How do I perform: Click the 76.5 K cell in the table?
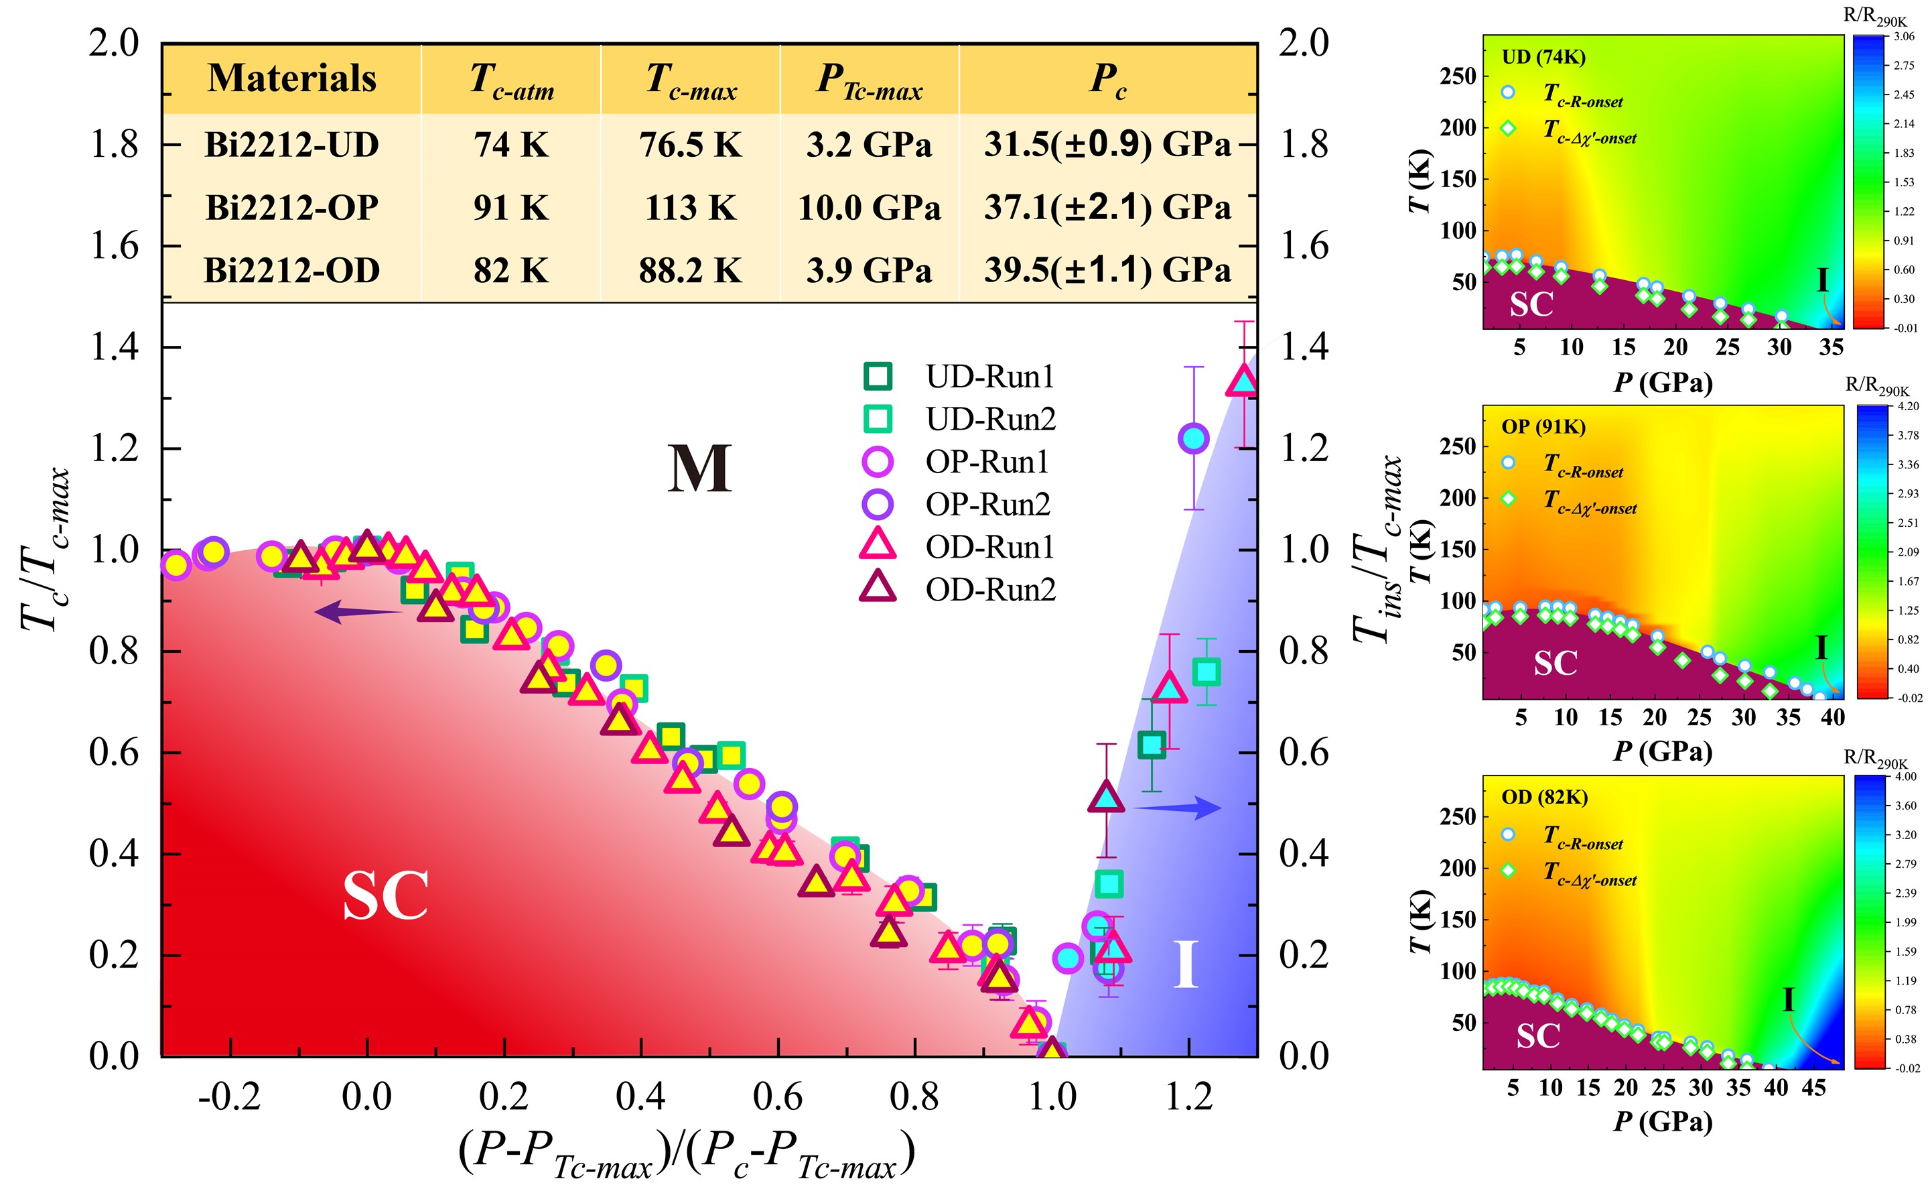[x=690, y=145]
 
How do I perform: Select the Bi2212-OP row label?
[x=292, y=208]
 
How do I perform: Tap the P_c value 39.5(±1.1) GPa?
[x=1107, y=270]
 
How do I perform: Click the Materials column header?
[x=292, y=78]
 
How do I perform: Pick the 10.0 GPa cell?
[x=869, y=208]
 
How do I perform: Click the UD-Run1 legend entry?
[x=958, y=377]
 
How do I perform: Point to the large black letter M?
[x=699, y=468]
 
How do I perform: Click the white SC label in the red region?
[x=386, y=895]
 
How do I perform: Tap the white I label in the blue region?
[x=1185, y=964]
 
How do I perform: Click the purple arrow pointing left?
[x=359, y=611]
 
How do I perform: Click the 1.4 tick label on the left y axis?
[x=115, y=347]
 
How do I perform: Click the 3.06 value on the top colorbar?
[x=1904, y=36]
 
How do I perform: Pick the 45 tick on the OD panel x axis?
[x=1813, y=1088]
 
